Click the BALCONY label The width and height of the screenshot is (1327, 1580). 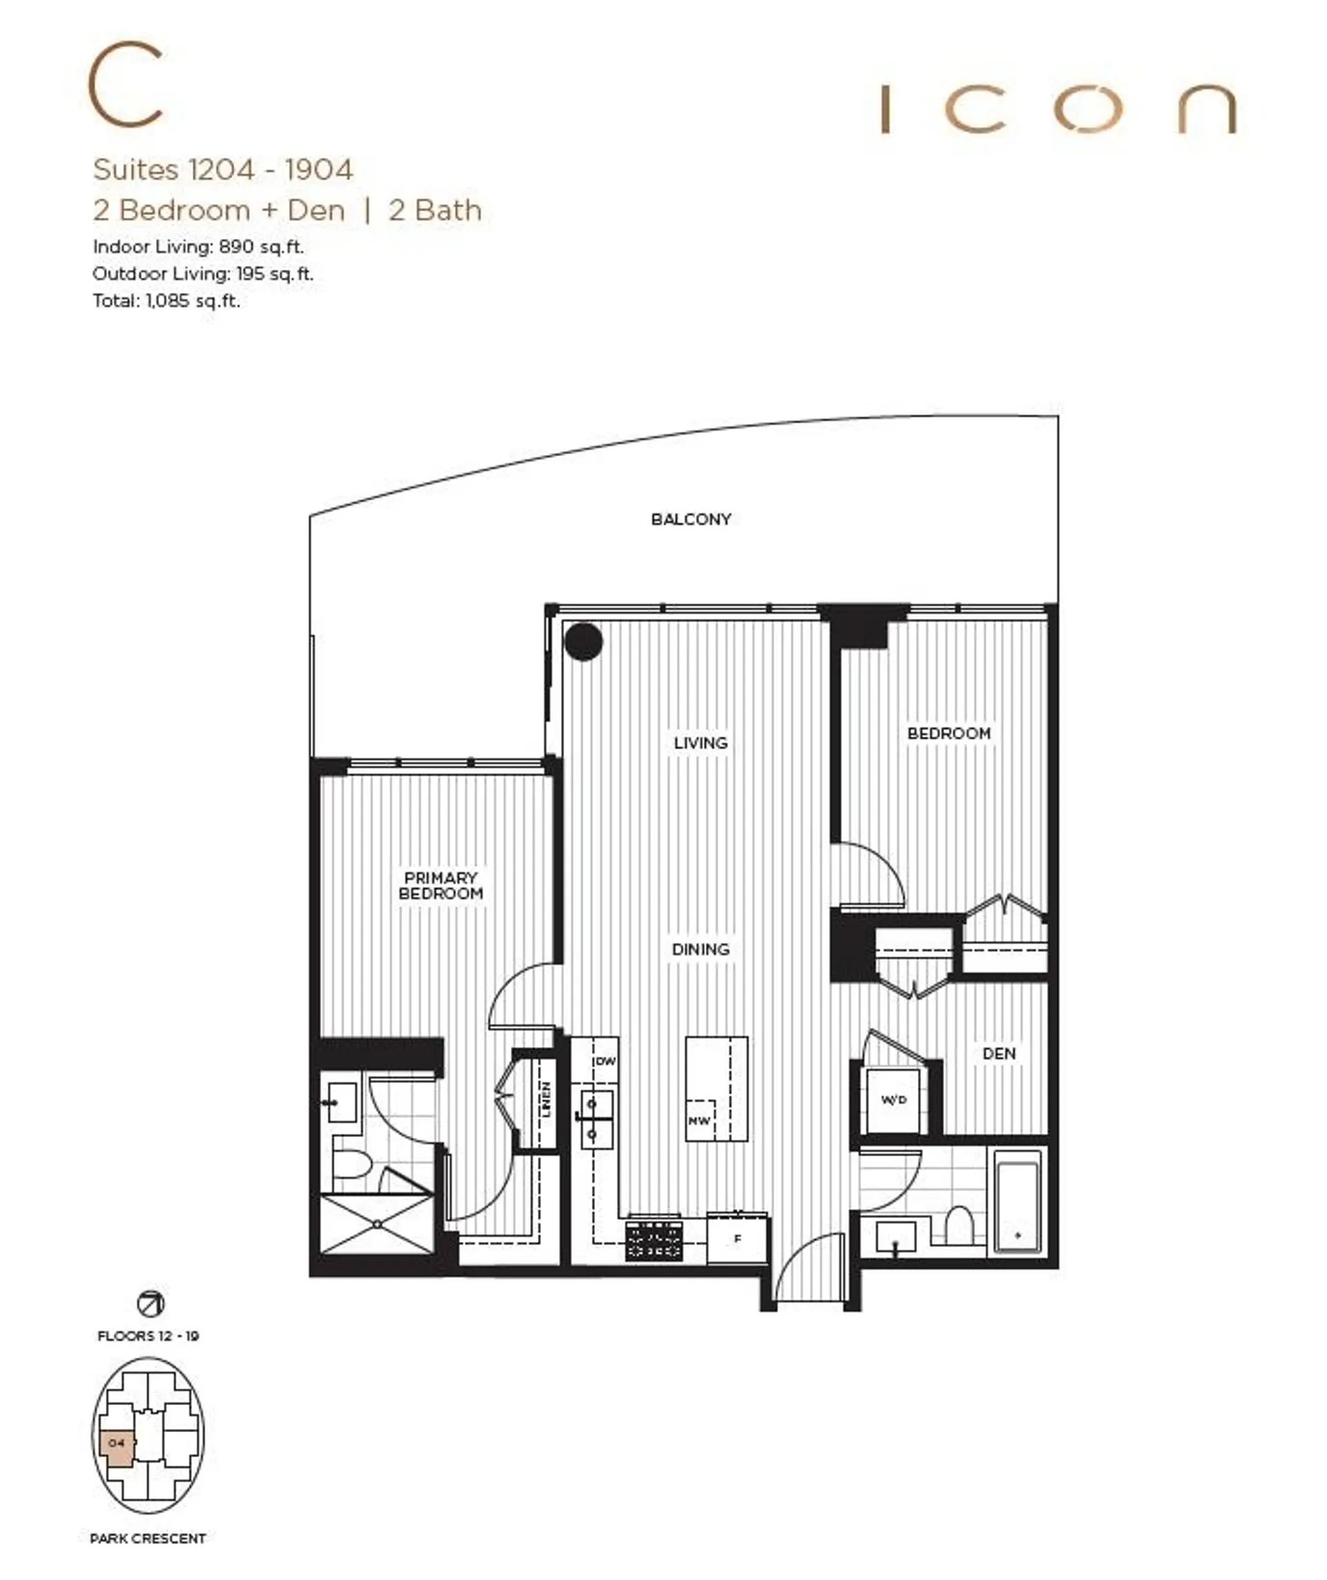click(690, 519)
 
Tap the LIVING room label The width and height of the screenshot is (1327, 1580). click(700, 742)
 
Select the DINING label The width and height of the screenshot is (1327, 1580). click(700, 950)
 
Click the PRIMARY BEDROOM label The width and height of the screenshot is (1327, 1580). click(441, 885)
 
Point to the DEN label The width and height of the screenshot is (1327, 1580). click(999, 1053)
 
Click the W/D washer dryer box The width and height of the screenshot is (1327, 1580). click(894, 1100)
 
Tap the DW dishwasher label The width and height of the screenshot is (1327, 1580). click(605, 1061)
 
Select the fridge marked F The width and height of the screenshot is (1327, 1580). click(737, 1239)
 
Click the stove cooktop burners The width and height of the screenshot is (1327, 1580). click(654, 1241)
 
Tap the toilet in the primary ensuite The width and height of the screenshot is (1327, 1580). click(351, 1165)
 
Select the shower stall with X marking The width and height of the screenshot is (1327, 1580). click(377, 1224)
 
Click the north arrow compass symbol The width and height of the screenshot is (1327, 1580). click(151, 1304)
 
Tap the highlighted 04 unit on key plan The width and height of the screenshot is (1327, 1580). click(117, 1444)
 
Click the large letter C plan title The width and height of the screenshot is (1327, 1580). click(126, 84)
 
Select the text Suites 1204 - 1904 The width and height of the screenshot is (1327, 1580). click(223, 169)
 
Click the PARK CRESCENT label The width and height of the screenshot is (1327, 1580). click(147, 1539)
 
